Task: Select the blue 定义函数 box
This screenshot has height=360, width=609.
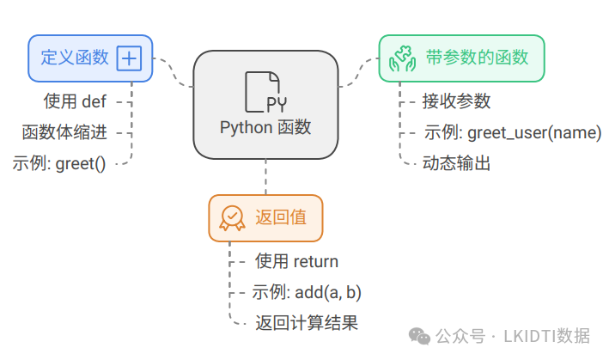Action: coord(90,58)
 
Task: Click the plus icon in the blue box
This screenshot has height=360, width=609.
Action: coord(129,58)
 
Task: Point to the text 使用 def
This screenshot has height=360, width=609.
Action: coord(75,101)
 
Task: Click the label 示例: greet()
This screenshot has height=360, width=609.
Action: coord(59,162)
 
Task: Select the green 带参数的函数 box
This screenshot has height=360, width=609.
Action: coord(462,58)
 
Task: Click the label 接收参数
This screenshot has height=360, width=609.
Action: coord(456,101)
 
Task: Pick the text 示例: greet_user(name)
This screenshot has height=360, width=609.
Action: coord(512,132)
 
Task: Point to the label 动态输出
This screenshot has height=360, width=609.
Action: coord(456,162)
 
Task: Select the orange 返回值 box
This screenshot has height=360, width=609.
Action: coord(265,217)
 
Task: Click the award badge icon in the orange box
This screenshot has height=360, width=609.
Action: coord(232,217)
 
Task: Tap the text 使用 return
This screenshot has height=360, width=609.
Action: coord(296,261)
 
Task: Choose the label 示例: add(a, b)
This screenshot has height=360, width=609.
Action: coord(307,292)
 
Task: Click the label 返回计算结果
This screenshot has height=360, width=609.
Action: coord(306,323)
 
